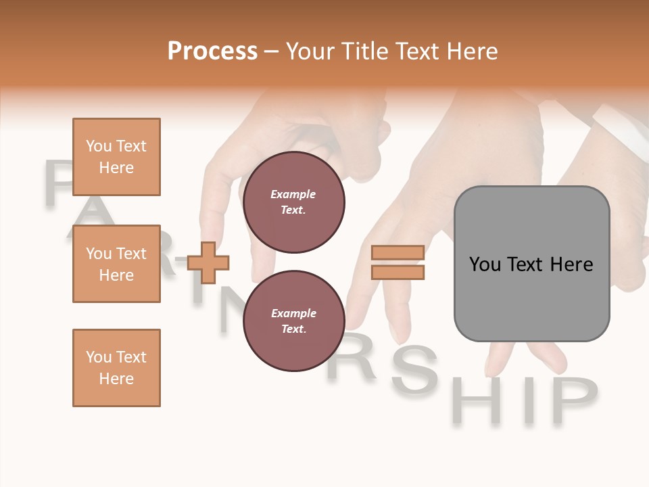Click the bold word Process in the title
point(212,51)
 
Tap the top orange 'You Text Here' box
point(116,157)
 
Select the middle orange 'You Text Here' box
point(116,264)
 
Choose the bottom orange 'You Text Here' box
point(116,368)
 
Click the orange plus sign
point(208,262)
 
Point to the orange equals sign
point(398,262)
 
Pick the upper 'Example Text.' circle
point(293,202)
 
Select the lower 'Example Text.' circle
point(293,321)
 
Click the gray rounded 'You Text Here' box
point(531,264)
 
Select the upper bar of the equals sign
point(398,253)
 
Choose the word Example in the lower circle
point(293,313)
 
